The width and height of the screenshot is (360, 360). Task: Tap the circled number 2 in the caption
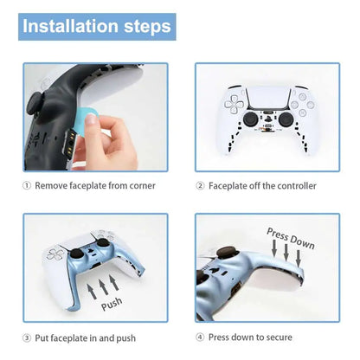pyautogui.click(x=200, y=186)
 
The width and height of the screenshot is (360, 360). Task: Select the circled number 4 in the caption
pyautogui.click(x=200, y=337)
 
